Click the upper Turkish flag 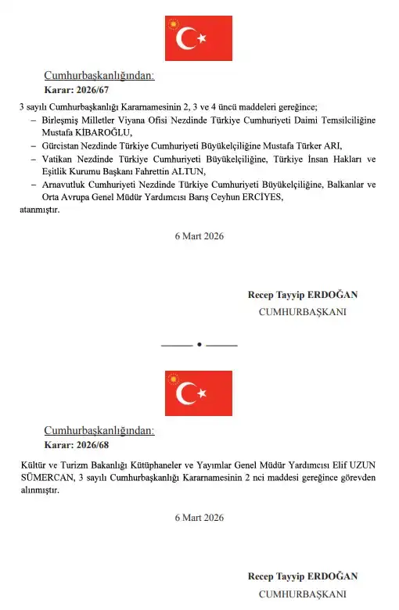pyautogui.click(x=199, y=38)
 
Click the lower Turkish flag pyautogui.click(x=199, y=393)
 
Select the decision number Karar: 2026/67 pyautogui.click(x=77, y=91)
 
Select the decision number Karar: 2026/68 pyautogui.click(x=77, y=445)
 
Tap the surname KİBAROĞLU pyautogui.click(x=106, y=133)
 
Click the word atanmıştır pyautogui.click(x=39, y=210)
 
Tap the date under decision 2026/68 pyautogui.click(x=199, y=517)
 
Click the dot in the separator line pyautogui.click(x=199, y=344)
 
